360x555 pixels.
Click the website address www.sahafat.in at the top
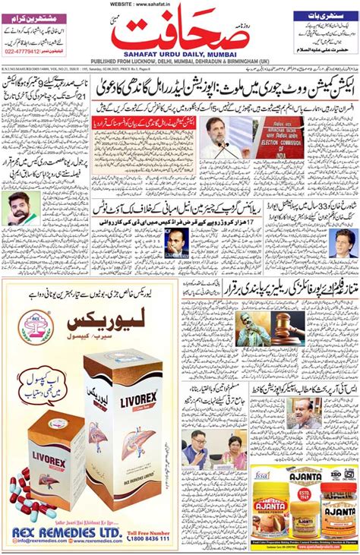180,4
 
